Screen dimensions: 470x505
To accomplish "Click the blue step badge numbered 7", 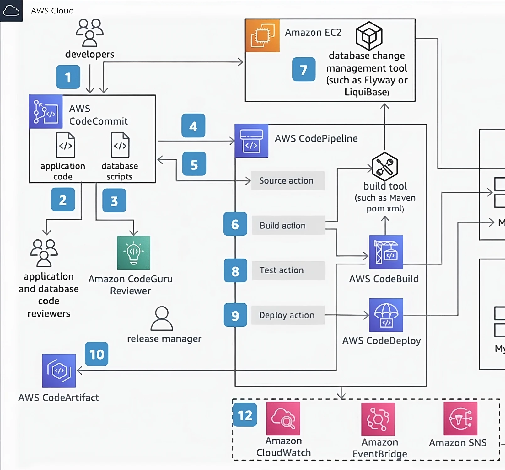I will (x=304, y=69).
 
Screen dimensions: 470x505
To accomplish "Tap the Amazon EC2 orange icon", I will (x=262, y=35).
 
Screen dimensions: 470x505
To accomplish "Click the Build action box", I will (x=288, y=225).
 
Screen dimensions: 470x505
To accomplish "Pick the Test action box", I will (x=288, y=270).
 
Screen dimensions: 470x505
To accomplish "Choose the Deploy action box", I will (x=287, y=315).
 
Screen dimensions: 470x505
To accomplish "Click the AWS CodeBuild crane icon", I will (x=386, y=252).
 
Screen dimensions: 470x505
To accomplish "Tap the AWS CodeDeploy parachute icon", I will (x=386, y=315).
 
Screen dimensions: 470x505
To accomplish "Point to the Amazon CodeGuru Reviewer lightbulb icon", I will (x=133, y=253).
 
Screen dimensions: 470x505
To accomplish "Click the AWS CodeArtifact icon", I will (x=59, y=371).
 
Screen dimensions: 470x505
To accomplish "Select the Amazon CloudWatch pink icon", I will (x=283, y=418).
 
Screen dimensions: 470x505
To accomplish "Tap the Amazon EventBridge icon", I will (x=378, y=419).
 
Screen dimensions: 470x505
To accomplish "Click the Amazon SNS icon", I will (x=460, y=418).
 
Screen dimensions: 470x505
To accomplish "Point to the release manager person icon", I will (x=162, y=318).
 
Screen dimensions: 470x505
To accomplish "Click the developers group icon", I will (x=90, y=33).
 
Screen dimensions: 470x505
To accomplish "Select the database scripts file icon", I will (x=120, y=145).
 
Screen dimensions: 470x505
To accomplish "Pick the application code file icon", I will (x=65, y=145).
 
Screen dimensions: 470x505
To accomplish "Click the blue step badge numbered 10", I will (x=97, y=354).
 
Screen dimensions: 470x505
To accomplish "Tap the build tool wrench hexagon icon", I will (x=384, y=166).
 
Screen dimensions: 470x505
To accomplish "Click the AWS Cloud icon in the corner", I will (x=11, y=11).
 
